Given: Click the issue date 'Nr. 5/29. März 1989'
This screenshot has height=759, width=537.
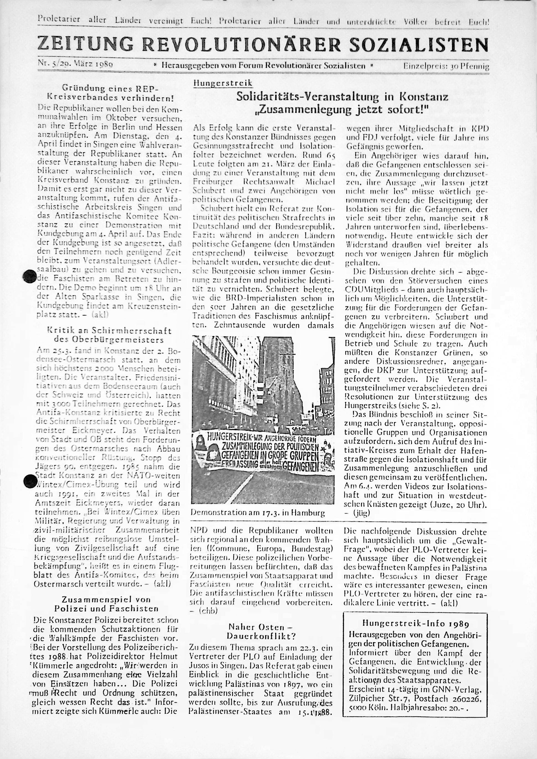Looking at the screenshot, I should coord(76,64).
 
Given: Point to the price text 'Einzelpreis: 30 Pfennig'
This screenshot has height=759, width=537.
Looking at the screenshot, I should coord(446,66).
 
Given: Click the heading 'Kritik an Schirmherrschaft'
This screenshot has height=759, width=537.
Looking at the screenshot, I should coord(109,330).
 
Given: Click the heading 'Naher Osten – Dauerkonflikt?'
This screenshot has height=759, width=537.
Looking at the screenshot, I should coord(261,627).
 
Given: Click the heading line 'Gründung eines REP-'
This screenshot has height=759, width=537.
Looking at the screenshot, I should coord(110,88).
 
